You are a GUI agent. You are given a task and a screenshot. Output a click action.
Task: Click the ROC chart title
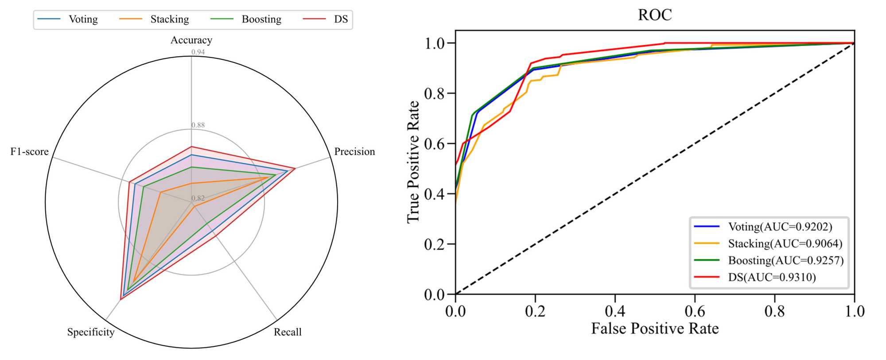pos(654,15)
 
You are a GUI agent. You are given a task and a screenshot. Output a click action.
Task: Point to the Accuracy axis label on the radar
pos(191,40)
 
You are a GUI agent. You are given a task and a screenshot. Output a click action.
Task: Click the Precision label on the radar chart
pos(354,152)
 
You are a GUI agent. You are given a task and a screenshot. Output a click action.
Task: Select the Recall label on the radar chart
pos(288,332)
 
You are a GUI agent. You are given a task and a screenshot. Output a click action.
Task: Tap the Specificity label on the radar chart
pos(91,332)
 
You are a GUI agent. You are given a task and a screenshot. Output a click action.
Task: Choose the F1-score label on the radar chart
pos(30,152)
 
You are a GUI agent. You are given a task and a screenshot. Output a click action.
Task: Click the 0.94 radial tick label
pos(198,52)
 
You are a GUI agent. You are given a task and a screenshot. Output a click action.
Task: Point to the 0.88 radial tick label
pos(198,125)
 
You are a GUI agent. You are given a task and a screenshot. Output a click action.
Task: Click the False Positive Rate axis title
pos(655,329)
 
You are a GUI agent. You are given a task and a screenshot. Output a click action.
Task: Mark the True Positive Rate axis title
pos(413,162)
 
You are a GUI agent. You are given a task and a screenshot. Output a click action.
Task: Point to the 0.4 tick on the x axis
pos(615,311)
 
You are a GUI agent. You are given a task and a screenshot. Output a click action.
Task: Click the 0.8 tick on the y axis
pos(434,93)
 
